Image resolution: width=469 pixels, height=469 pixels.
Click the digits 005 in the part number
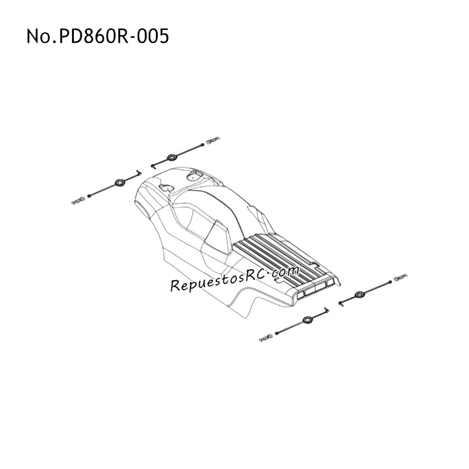coord(154,36)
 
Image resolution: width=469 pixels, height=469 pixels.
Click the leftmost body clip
coord(79,200)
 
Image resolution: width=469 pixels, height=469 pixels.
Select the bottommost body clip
coord(267,338)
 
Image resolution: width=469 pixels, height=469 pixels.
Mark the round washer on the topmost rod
coord(172,157)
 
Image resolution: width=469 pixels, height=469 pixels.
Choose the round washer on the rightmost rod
coord(359,294)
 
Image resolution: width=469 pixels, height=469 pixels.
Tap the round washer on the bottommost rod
coord(307,320)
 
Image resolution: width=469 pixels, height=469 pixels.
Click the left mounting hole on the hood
coord(166,188)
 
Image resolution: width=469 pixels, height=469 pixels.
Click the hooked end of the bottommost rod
coord(326,309)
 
